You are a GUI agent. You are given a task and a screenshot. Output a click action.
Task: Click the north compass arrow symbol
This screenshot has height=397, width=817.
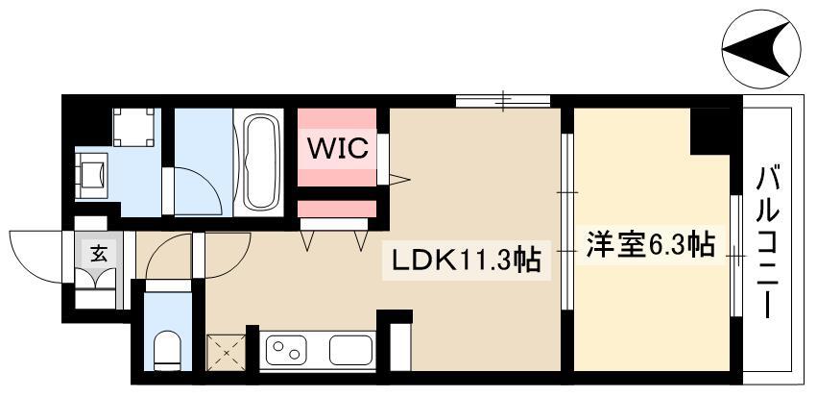[x=760, y=49]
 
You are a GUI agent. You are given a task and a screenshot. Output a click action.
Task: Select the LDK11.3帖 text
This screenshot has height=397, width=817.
[x=465, y=259]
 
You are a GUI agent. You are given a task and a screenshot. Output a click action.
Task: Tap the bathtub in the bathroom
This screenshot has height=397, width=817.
[x=261, y=162]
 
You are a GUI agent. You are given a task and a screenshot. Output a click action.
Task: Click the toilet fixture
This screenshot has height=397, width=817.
[x=168, y=350]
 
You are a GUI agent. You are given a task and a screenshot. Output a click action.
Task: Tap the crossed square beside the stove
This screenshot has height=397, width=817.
[x=227, y=351]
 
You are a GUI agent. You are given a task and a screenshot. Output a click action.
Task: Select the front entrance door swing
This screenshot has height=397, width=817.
[x=36, y=252]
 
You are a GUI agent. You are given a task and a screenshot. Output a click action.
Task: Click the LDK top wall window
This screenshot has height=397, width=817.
[x=502, y=99]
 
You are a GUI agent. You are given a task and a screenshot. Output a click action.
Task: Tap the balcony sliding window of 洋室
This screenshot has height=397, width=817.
[x=734, y=255]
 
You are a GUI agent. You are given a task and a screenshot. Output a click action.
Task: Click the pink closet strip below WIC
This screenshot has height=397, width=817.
[x=336, y=209]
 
